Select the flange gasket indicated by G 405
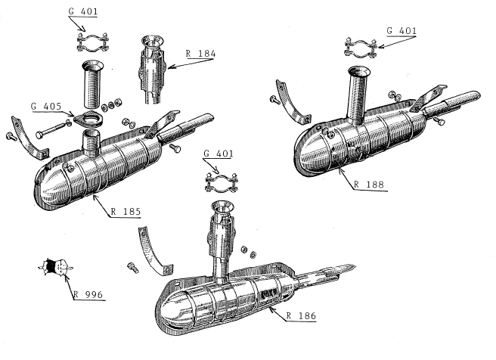coord(85,116)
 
